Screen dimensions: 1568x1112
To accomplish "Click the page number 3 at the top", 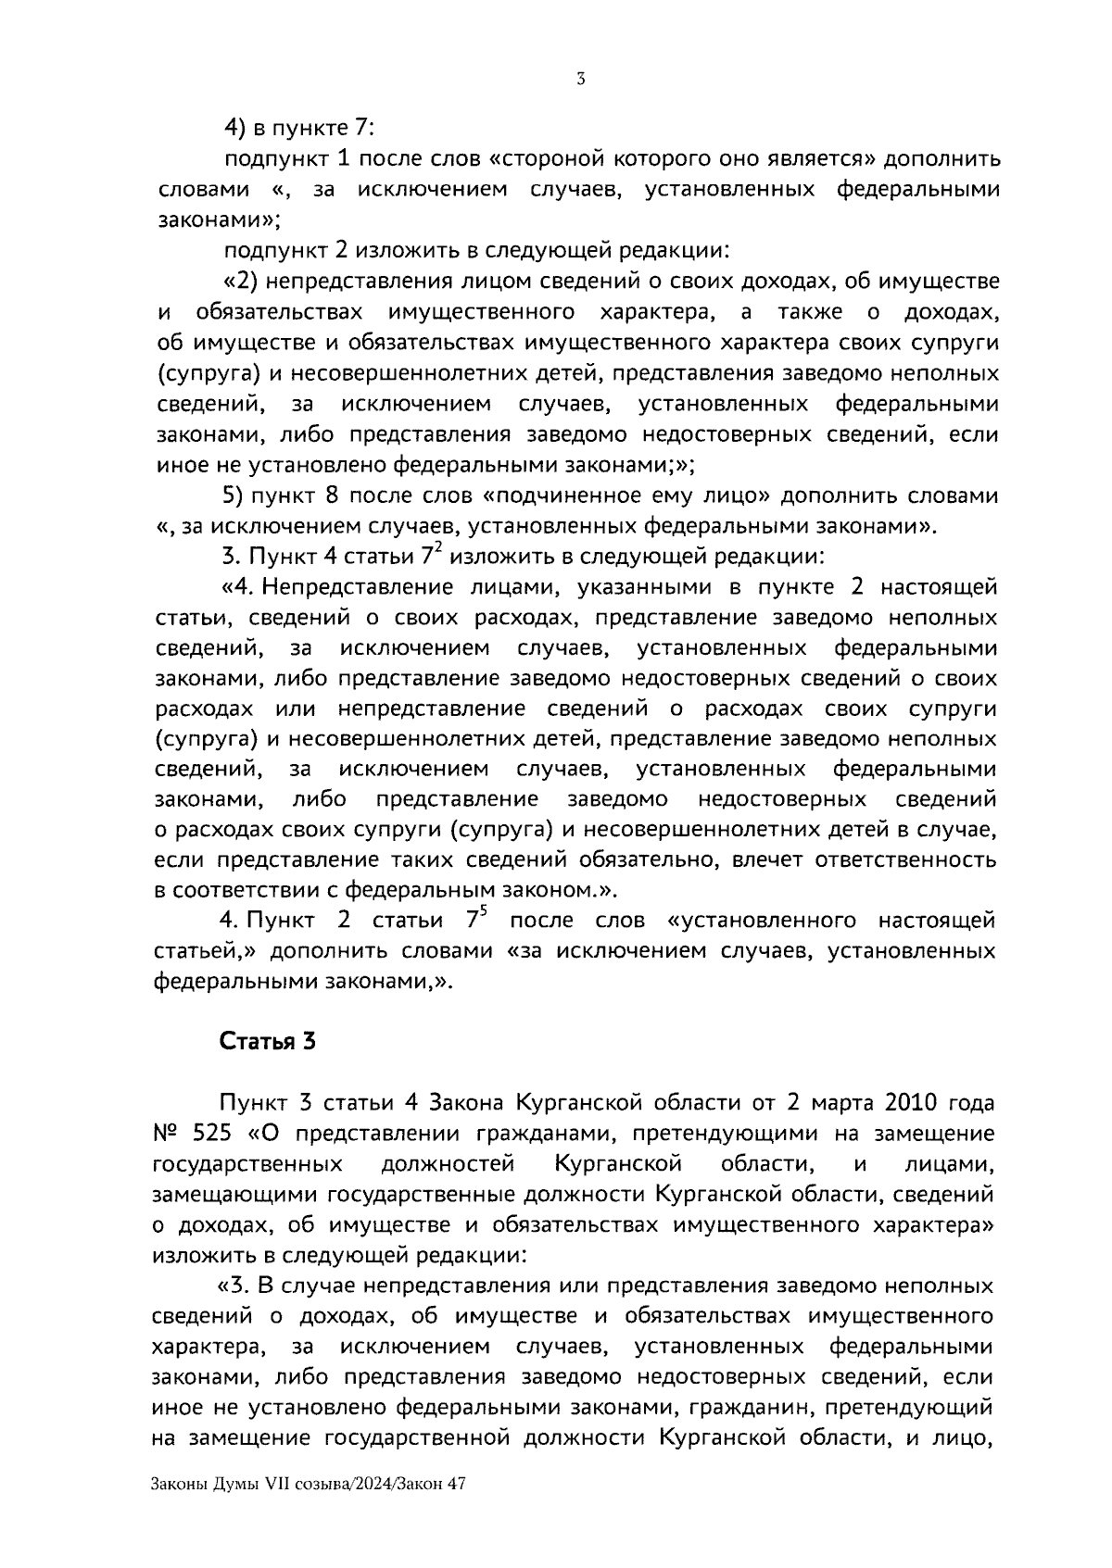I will pos(580,80).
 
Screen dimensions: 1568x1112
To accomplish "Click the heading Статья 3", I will pos(268,1041).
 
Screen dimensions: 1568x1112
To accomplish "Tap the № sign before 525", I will pos(166,1134).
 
